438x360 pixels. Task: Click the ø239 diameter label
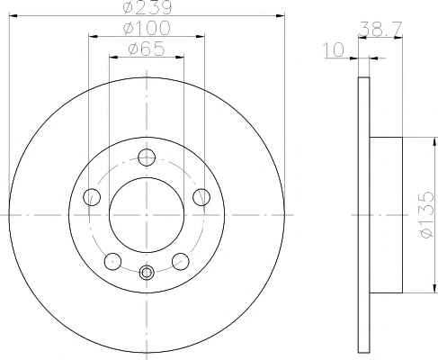(x=147, y=7)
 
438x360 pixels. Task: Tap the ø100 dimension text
(x=147, y=28)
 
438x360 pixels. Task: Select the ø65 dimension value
(x=147, y=49)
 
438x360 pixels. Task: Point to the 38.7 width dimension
(x=380, y=29)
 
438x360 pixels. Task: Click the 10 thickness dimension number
(x=334, y=49)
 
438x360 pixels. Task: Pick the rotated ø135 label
(x=427, y=215)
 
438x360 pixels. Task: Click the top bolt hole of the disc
(x=147, y=157)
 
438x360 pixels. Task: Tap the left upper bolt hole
(x=92, y=197)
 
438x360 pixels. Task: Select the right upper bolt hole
(x=201, y=197)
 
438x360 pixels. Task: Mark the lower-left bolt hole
(x=112, y=261)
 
